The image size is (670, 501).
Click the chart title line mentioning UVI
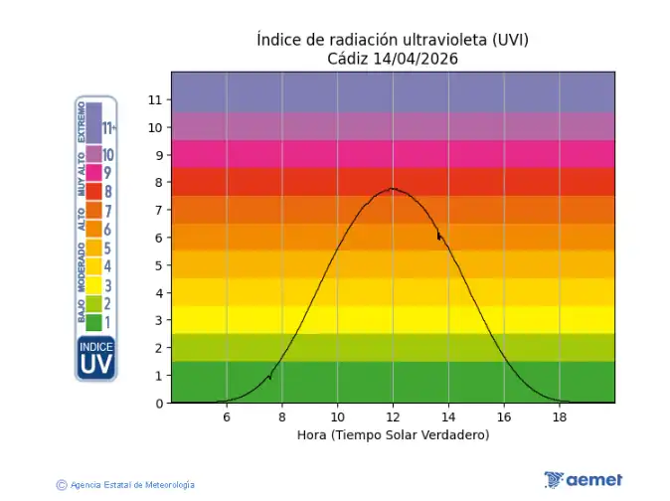tap(393, 40)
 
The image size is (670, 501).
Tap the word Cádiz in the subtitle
tap(348, 59)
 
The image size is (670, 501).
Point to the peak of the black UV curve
tap(393, 188)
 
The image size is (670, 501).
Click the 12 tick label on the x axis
tap(393, 417)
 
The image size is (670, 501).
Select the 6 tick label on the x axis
tap(227, 417)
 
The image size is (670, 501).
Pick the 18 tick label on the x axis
tap(559, 417)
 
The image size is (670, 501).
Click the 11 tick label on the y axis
tap(155, 99)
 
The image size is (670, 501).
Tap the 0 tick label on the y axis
tap(159, 404)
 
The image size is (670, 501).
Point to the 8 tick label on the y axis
tap(159, 183)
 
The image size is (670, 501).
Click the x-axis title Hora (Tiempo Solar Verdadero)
tap(393, 435)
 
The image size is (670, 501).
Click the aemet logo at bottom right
tap(584, 480)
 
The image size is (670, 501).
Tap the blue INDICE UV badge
tap(96, 358)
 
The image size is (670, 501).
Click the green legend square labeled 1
tap(93, 322)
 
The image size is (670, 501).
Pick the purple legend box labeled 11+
tap(93, 123)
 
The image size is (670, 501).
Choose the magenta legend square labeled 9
tap(93, 173)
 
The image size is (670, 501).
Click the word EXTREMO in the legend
tap(82, 122)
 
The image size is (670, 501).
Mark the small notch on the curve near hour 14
tap(438, 237)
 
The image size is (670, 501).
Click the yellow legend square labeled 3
tap(93, 285)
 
